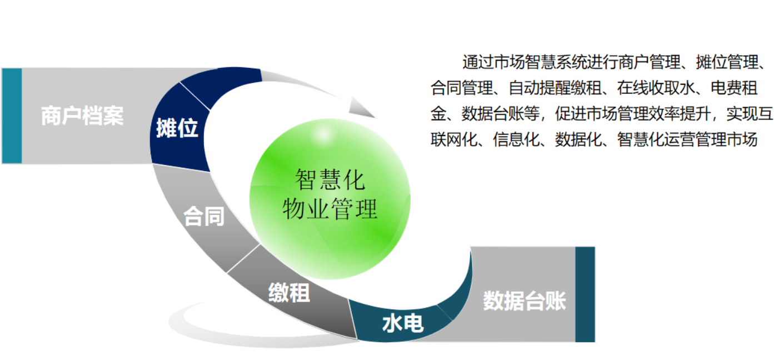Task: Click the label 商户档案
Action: click(x=82, y=116)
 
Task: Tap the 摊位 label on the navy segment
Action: click(x=177, y=128)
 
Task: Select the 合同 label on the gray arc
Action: click(x=204, y=216)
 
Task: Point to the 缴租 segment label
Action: click(x=289, y=293)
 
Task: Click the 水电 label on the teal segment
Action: click(x=403, y=323)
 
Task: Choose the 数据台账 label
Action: click(x=525, y=301)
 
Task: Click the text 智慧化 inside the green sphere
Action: click(x=330, y=180)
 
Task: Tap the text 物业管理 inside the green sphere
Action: click(x=330, y=209)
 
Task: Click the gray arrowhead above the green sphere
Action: click(x=361, y=108)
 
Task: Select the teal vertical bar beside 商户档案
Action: click(x=12, y=116)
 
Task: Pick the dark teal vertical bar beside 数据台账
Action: click(x=585, y=294)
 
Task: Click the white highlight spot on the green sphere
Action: click(x=323, y=134)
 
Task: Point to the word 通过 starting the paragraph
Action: click(x=477, y=62)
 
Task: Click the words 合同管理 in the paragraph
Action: click(x=462, y=88)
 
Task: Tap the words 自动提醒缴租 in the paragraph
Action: click(x=555, y=88)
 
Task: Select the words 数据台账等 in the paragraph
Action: click(x=501, y=114)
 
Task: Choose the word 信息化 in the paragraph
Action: click(x=516, y=140)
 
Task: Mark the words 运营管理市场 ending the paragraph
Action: click(x=711, y=140)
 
